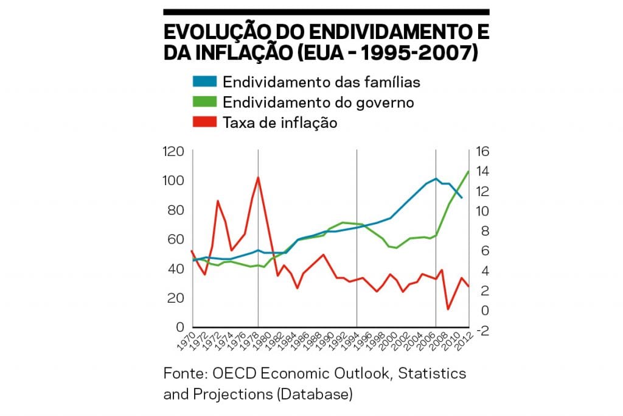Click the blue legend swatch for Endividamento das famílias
(x=204, y=82)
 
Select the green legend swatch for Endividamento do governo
(x=204, y=102)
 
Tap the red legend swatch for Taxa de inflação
(x=204, y=122)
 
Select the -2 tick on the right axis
(x=481, y=331)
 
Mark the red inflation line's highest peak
(x=258, y=177)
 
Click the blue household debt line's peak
(x=436, y=178)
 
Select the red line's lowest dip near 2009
(x=448, y=309)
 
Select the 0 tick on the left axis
(x=181, y=327)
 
